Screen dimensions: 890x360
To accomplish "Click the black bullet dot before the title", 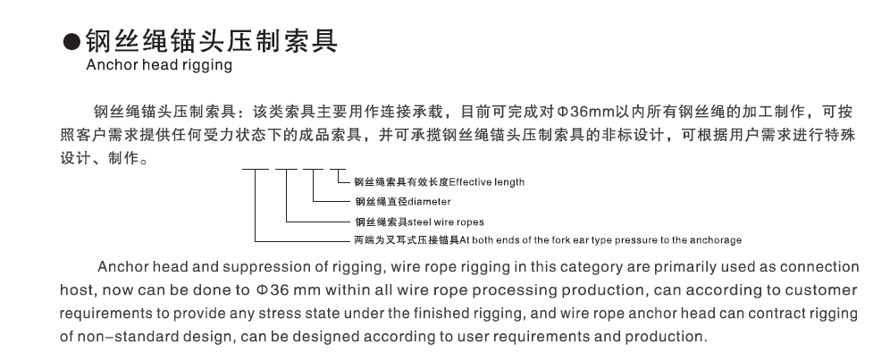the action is [71, 43].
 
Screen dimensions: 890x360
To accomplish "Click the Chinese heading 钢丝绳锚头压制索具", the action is [212, 41].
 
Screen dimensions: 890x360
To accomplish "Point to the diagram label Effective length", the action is [486, 182].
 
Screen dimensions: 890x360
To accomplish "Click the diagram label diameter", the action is [429, 202].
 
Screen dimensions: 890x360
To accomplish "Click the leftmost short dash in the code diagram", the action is [255, 169].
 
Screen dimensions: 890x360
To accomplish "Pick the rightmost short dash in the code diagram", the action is [339, 169].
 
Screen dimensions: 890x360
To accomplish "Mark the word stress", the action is [278, 314].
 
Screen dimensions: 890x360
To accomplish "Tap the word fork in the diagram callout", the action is [560, 240].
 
